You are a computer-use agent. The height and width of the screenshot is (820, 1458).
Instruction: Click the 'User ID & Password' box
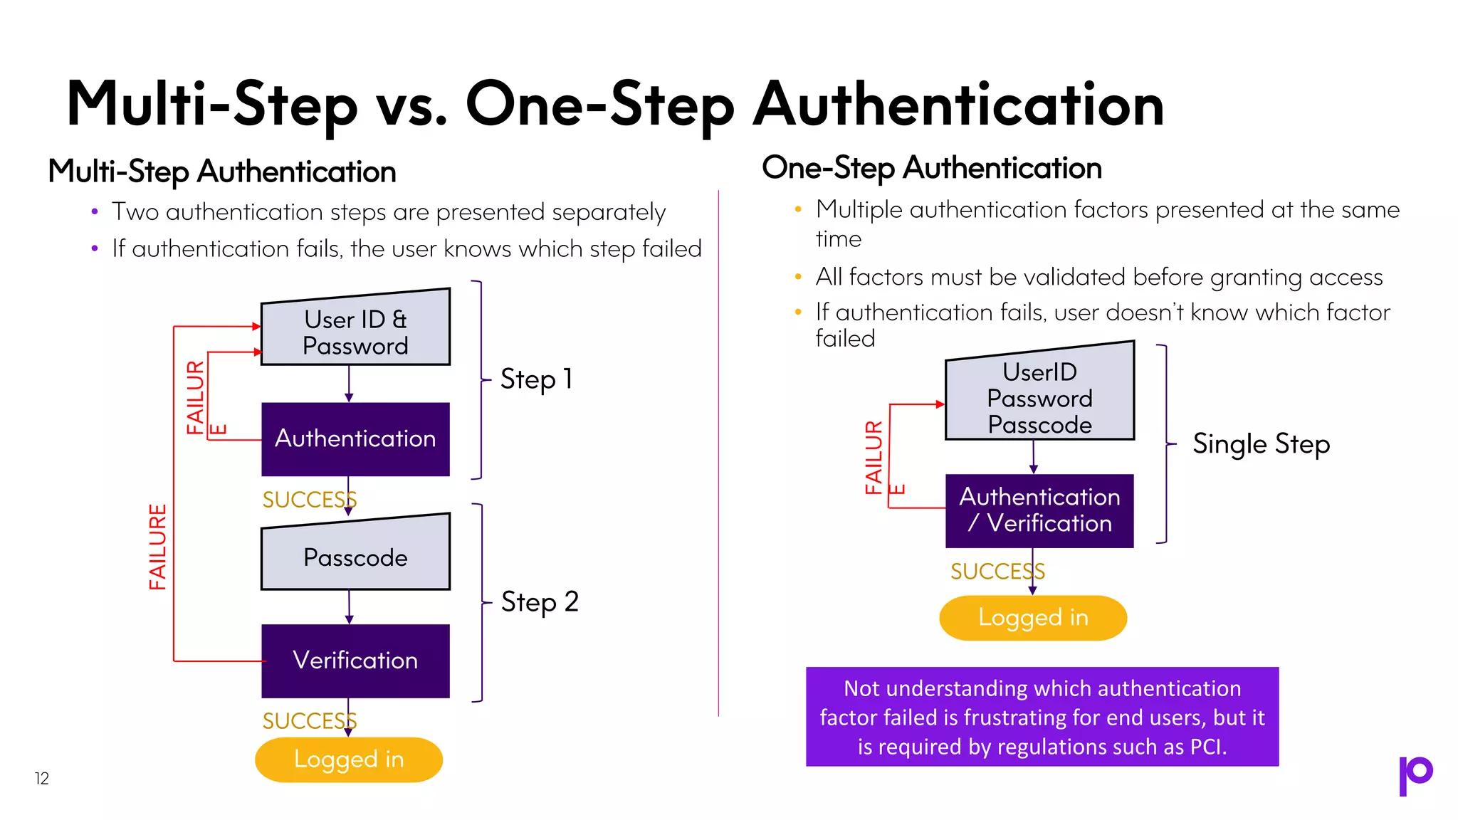pyautogui.click(x=355, y=331)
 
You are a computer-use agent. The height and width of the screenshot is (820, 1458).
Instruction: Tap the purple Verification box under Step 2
pyautogui.click(x=355, y=661)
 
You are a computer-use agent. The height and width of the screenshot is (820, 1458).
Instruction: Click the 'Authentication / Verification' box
pyautogui.click(x=1039, y=510)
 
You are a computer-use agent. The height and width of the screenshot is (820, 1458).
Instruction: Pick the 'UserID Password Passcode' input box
pyautogui.click(x=1039, y=397)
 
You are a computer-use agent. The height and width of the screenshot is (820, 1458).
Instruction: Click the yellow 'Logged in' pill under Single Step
pyautogui.click(x=1033, y=618)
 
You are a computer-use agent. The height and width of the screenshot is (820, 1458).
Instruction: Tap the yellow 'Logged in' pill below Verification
pyautogui.click(x=349, y=759)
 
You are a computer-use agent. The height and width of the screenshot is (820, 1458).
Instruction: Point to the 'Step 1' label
pyautogui.click(x=536, y=379)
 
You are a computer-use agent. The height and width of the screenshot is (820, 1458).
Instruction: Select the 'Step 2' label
pyautogui.click(x=540, y=602)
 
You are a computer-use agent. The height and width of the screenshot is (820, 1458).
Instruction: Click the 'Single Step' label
pyautogui.click(x=1261, y=444)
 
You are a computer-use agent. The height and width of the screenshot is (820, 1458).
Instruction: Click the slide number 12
pyautogui.click(x=42, y=779)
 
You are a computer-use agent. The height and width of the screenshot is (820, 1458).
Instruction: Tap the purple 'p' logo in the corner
pyautogui.click(x=1415, y=775)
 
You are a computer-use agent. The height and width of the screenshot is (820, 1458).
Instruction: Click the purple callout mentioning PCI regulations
pyautogui.click(x=1042, y=717)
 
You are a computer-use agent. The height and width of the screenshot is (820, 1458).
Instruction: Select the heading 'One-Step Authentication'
pyautogui.click(x=931, y=169)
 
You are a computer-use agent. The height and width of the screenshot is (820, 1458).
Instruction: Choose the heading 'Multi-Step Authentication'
pyautogui.click(x=222, y=172)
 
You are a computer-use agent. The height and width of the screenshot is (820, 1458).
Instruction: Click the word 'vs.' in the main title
pyautogui.click(x=412, y=105)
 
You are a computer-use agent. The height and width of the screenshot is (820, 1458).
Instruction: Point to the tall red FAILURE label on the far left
pyautogui.click(x=157, y=547)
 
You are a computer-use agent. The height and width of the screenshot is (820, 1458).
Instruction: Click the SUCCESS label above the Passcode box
pyautogui.click(x=308, y=500)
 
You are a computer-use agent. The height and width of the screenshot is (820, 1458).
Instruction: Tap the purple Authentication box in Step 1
pyautogui.click(x=355, y=439)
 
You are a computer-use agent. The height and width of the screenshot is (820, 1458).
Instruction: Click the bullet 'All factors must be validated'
pyautogui.click(x=1098, y=277)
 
